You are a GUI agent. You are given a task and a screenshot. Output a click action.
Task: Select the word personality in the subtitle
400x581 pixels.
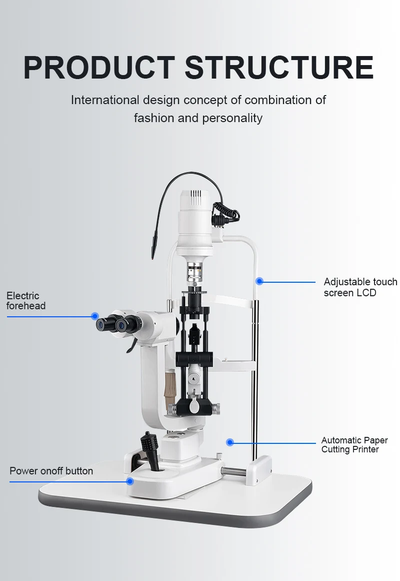232,118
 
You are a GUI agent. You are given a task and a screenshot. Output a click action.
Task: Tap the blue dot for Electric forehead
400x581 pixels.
95,316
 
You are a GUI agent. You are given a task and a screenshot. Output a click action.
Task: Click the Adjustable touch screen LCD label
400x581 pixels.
360,287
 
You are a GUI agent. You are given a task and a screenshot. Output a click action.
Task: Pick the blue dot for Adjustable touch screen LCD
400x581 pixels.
259,281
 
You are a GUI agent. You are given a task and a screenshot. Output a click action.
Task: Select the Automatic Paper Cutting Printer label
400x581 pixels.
354,445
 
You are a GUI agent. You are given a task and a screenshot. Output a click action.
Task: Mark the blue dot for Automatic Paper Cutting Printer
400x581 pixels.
230,442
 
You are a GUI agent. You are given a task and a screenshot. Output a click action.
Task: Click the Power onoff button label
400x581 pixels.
51,471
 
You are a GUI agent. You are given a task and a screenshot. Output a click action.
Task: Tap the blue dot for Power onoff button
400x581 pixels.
130,481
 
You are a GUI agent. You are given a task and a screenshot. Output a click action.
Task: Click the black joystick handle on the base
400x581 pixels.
150,445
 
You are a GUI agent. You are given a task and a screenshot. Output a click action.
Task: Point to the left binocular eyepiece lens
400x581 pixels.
102,325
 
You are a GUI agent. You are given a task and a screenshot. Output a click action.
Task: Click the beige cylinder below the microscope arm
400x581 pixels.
170,383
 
